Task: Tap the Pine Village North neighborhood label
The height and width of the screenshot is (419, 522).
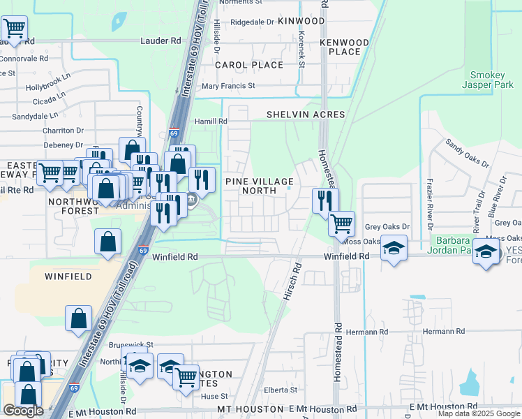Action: pyautogui.click(x=259, y=186)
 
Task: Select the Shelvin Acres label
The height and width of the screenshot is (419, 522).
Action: pyautogui.click(x=306, y=115)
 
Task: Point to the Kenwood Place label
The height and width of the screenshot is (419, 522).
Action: pyautogui.click(x=344, y=47)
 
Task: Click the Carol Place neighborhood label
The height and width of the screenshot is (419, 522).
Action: pyautogui.click(x=249, y=65)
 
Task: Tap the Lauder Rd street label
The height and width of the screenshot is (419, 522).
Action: pyautogui.click(x=161, y=41)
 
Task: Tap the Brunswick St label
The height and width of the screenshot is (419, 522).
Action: pyautogui.click(x=130, y=345)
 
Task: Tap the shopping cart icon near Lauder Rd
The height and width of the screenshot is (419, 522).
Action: pyautogui.click(x=13, y=29)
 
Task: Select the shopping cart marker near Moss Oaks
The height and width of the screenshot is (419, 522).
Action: pyautogui.click(x=341, y=224)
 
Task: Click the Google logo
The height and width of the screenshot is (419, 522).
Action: pyautogui.click(x=23, y=411)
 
